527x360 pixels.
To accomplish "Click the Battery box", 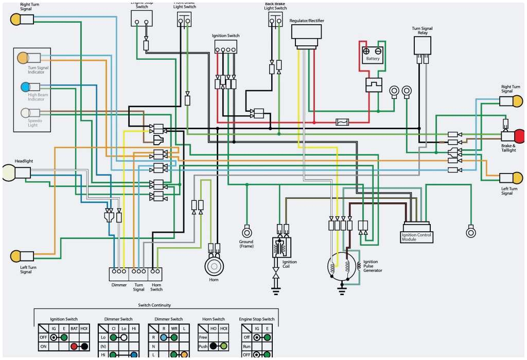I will coord(373,54).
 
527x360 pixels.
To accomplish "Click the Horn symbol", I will coord(214,266).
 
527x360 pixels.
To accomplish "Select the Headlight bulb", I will coord(9,173).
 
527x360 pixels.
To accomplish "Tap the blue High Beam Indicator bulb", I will coord(25,87).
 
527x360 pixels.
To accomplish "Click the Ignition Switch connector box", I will coord(225,47).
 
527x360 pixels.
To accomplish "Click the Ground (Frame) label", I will coord(246,244).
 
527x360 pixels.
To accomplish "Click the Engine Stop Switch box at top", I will coord(142,18).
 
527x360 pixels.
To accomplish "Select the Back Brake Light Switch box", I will coord(275,20).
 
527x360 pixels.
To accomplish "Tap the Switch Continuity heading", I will coord(154,305).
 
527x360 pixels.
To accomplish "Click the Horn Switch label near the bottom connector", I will coord(156,287).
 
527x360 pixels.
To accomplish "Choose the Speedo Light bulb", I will coord(25,113).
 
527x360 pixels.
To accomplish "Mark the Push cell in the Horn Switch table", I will coord(203,347).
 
